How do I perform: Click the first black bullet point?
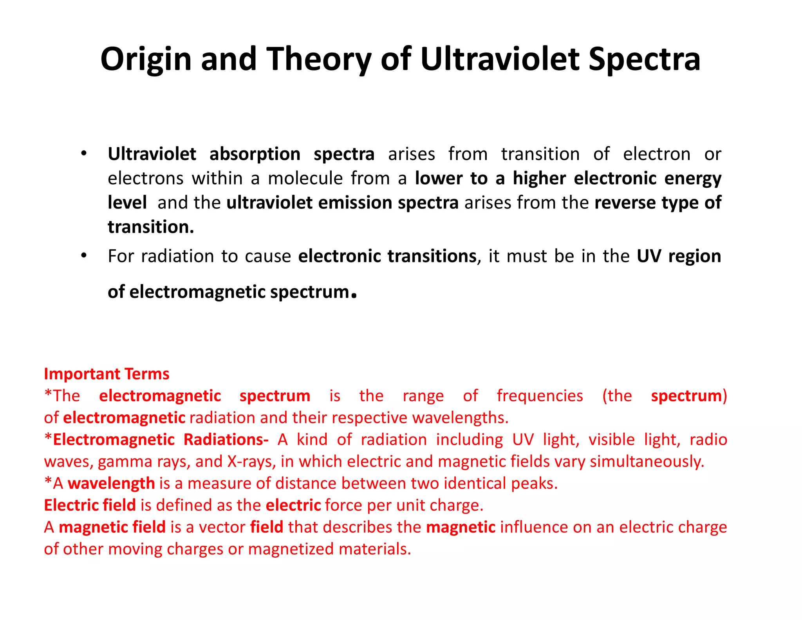[83, 154]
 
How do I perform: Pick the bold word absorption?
[255, 154]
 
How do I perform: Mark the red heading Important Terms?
[107, 374]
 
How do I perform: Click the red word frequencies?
[540, 396]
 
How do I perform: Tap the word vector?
[222, 527]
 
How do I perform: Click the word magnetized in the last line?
[291, 549]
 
